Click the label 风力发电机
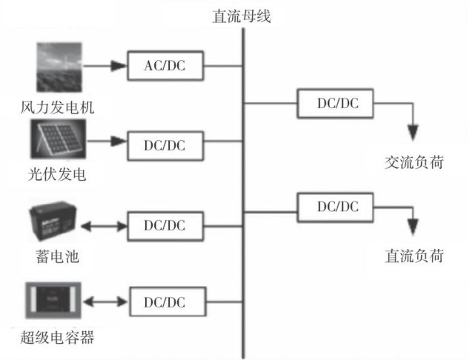(x=59, y=109)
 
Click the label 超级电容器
(x=59, y=339)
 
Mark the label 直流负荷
(x=414, y=256)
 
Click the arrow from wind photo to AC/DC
(x=104, y=65)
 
